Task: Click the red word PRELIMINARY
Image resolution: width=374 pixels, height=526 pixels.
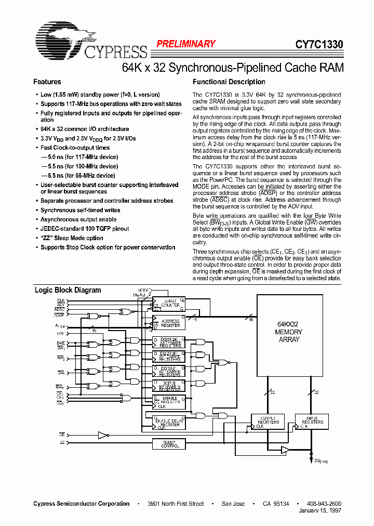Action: (185, 44)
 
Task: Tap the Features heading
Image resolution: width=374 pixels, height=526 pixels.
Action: (47, 82)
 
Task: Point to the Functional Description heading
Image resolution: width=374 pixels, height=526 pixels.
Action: (229, 82)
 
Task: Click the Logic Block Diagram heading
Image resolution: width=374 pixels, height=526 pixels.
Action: (68, 290)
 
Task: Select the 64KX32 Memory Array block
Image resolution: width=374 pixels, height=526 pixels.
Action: (289, 333)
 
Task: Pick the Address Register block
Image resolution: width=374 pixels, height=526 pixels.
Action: (169, 323)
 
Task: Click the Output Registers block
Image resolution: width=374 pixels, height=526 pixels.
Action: (268, 422)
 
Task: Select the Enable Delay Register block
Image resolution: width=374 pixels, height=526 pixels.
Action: (169, 423)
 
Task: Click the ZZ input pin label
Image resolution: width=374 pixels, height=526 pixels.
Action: (62, 442)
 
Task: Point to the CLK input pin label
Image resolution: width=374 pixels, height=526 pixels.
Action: (61, 300)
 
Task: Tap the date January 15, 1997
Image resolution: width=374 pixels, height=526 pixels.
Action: (320, 510)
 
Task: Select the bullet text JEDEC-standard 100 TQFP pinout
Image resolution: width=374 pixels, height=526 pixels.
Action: (85, 229)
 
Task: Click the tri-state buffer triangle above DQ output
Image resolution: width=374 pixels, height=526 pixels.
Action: (285, 449)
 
